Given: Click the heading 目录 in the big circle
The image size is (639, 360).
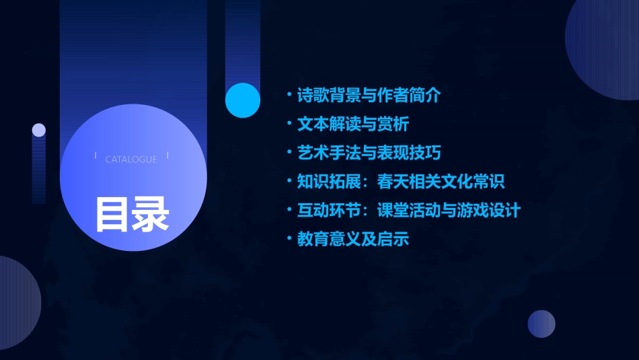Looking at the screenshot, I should point(132,215).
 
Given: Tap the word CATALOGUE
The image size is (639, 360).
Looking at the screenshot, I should point(131,159).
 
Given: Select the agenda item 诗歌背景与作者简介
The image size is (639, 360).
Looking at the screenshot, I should point(369,96).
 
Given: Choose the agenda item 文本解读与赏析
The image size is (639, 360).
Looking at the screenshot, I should point(353,124).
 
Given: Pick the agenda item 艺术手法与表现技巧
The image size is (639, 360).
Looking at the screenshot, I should point(369,153).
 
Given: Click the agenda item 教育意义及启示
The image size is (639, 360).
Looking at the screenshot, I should point(353,239).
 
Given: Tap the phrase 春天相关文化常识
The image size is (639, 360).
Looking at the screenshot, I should point(441,182).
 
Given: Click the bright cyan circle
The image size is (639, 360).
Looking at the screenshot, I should point(243,100).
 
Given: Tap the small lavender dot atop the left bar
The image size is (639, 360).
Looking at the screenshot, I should point(39,130).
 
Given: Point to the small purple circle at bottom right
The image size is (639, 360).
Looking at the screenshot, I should point(541,324).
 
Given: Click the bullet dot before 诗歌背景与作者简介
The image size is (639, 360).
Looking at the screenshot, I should point(289,94).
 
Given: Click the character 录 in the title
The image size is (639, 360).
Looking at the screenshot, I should point(151,215).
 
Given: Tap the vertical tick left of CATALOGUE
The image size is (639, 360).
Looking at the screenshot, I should point(96,156).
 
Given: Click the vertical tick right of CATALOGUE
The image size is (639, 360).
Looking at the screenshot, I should point(167,156).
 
